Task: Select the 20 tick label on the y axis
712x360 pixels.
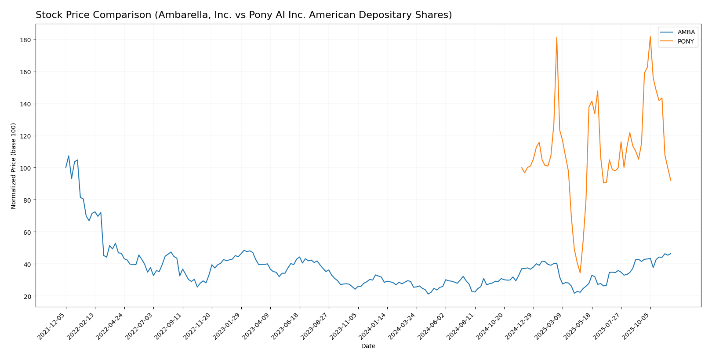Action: (28, 296)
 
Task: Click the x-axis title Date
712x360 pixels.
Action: (368, 346)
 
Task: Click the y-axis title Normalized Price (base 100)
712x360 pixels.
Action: (14, 166)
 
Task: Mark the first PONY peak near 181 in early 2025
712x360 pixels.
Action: (556, 37)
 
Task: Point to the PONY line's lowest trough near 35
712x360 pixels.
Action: (580, 273)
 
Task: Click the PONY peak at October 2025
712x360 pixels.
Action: (650, 36)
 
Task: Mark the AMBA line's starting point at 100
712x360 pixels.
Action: (66, 168)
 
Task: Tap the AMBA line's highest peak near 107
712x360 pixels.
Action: (69, 156)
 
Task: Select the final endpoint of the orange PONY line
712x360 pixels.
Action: (671, 180)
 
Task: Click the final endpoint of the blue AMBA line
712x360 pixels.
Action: (671, 254)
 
